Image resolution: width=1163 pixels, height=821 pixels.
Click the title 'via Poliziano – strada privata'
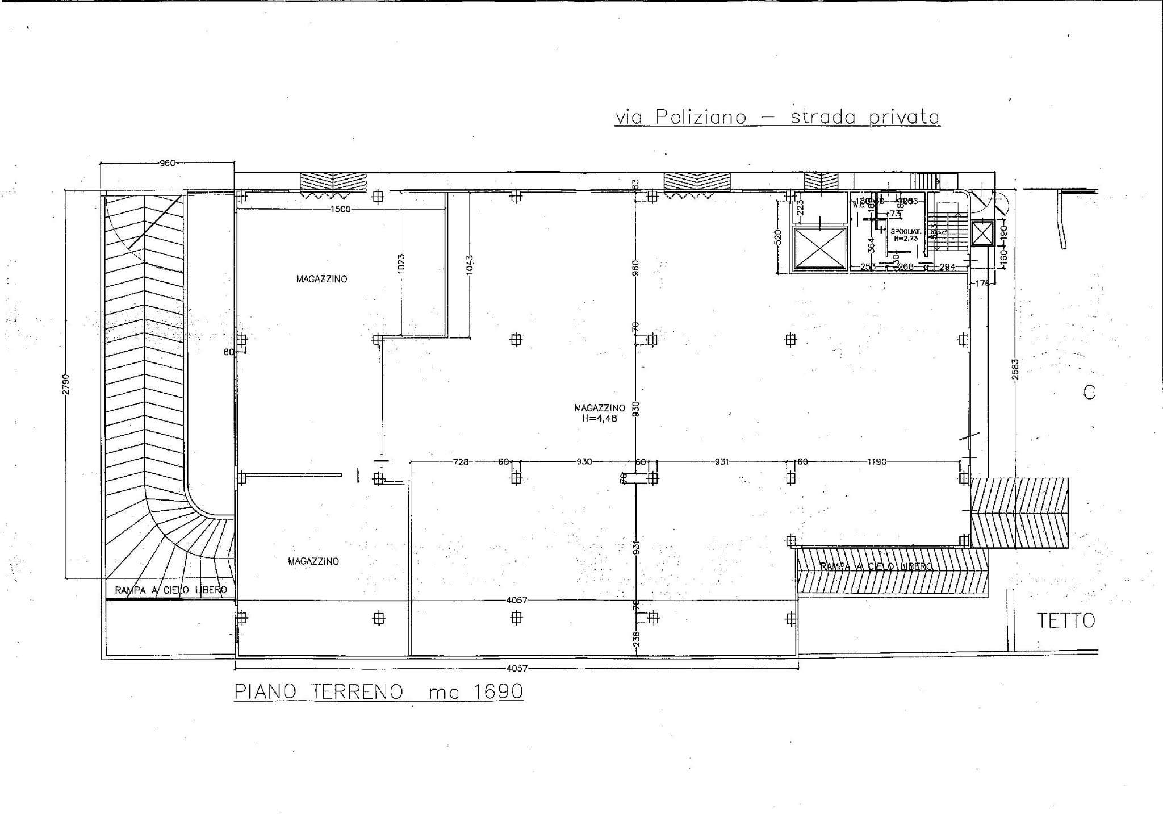(x=777, y=117)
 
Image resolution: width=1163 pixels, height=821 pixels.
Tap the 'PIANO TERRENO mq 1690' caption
(x=379, y=691)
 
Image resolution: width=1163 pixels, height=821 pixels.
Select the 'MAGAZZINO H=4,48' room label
(x=599, y=413)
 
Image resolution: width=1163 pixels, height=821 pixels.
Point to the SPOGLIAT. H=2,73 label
(x=905, y=235)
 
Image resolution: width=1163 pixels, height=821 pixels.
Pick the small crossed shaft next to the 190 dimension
(x=981, y=233)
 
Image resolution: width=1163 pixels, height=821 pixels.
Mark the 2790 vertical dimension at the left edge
(x=66, y=384)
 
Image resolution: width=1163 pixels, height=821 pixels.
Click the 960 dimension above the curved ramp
(x=167, y=163)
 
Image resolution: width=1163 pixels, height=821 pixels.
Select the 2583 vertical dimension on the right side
(x=1015, y=369)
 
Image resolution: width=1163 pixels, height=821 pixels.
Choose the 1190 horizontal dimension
(x=877, y=462)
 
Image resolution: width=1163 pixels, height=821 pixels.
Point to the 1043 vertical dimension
(x=469, y=265)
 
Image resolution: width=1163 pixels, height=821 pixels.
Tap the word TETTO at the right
(x=1066, y=621)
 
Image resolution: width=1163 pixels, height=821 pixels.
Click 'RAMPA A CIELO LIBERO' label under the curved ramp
(x=170, y=590)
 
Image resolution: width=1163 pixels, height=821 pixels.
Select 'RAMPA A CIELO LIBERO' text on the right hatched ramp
(x=876, y=566)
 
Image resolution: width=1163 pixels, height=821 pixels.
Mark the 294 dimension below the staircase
(x=947, y=266)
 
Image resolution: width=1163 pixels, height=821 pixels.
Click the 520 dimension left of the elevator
(x=778, y=236)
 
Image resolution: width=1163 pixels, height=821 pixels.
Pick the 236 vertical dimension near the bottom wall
(x=636, y=639)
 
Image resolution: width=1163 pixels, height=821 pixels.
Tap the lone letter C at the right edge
(x=1089, y=393)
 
